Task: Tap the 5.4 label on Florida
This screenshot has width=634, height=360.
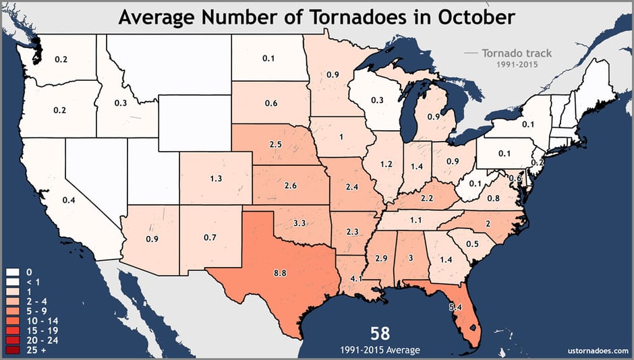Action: [x=455, y=307]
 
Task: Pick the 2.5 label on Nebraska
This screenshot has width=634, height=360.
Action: [x=275, y=145]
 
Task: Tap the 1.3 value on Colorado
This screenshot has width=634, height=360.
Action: [x=216, y=179]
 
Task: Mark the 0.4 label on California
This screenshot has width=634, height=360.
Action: [x=68, y=200]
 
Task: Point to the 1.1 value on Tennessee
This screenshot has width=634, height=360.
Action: [x=415, y=220]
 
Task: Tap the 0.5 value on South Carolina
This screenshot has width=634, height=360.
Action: [x=473, y=243]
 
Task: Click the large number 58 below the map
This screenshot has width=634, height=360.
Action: [x=380, y=333]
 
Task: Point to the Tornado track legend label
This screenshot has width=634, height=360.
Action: [x=515, y=53]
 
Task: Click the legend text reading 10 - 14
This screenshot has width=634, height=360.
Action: [x=35, y=322]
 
